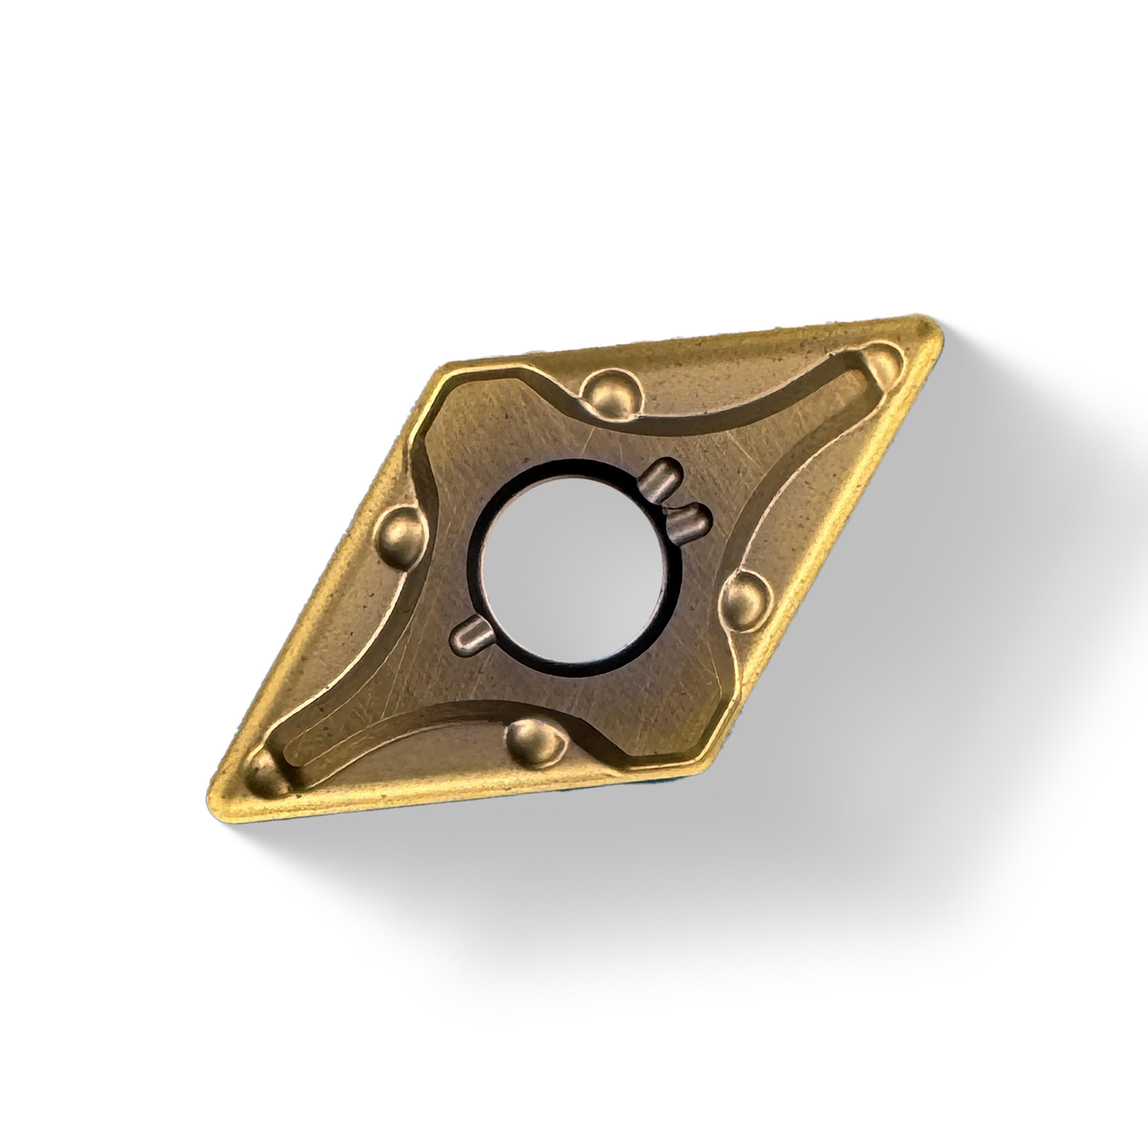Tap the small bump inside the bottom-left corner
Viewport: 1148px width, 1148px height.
pyautogui.click(x=263, y=773)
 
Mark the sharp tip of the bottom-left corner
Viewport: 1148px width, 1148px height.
pyautogui.click(x=213, y=803)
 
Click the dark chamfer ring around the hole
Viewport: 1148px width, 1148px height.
pyautogui.click(x=475, y=559)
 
